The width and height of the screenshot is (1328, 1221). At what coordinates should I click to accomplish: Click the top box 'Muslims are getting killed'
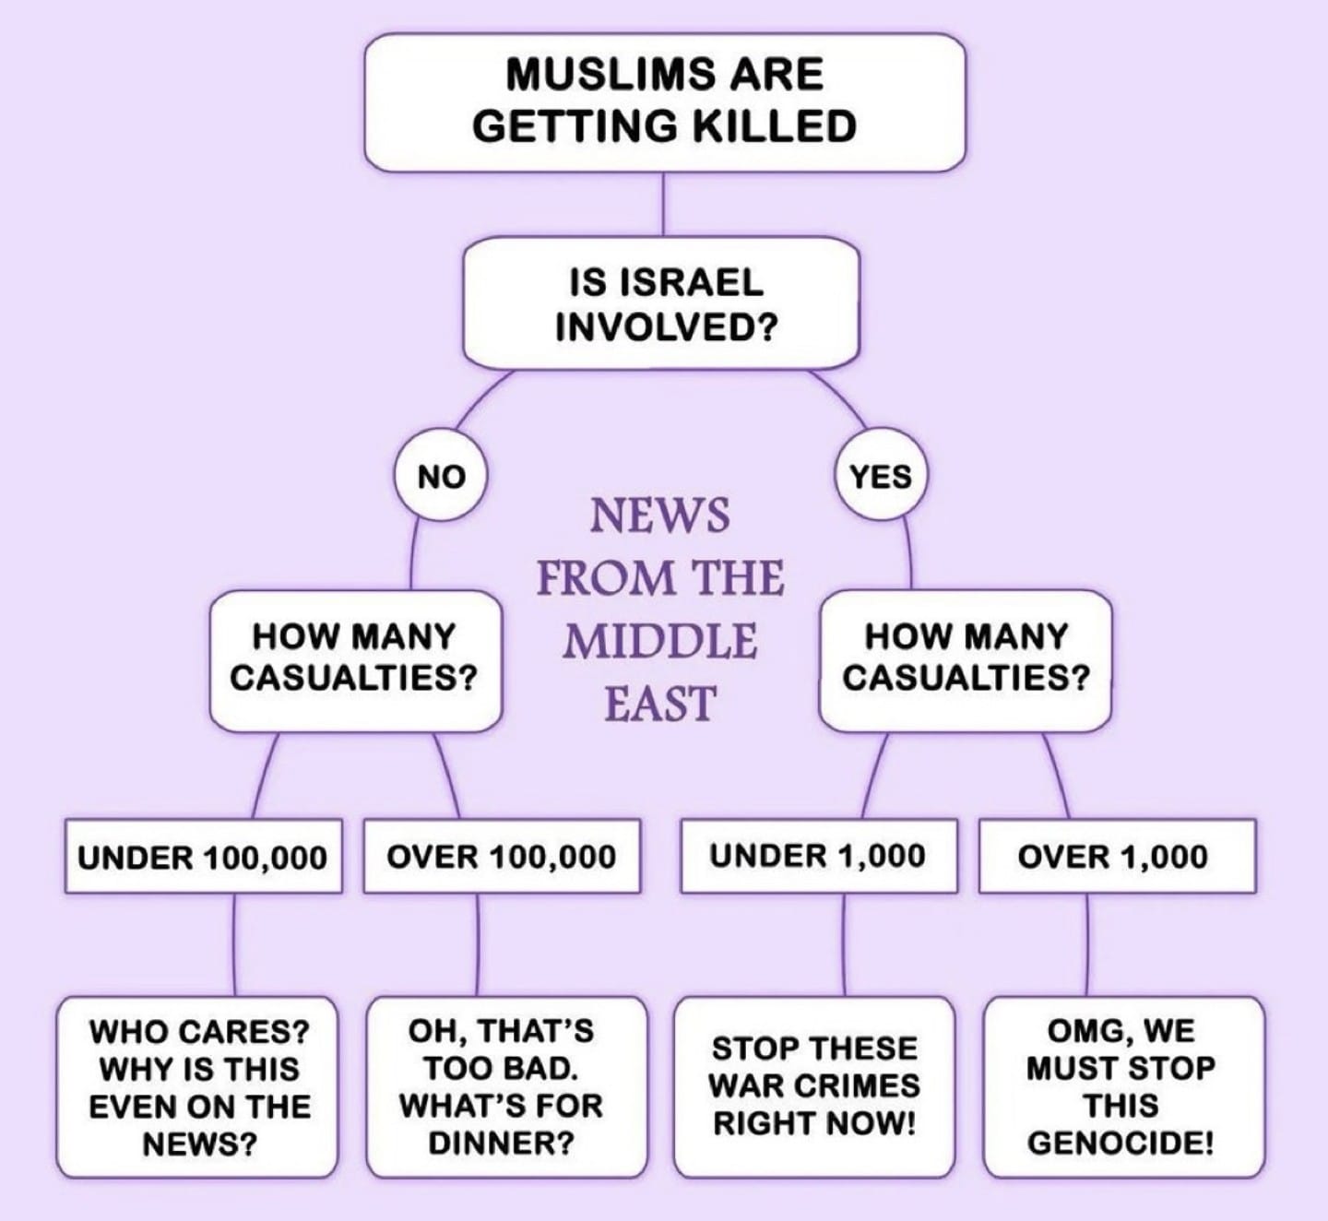pyautogui.click(x=665, y=102)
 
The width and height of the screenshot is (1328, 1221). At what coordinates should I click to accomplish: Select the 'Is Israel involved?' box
pyautogui.click(x=661, y=302)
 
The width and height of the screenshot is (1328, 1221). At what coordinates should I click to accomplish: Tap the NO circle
pyautogui.click(x=441, y=476)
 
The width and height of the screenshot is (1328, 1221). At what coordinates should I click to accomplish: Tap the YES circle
pyautogui.click(x=881, y=476)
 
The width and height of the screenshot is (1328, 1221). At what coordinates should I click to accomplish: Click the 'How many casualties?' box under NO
pyautogui.click(x=355, y=661)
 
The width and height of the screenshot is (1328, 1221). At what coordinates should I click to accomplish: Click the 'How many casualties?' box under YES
pyautogui.click(x=966, y=661)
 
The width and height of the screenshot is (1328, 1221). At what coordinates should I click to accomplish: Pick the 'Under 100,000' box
pyautogui.click(x=204, y=856)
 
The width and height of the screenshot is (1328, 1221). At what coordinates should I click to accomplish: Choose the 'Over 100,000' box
pyautogui.click(x=502, y=856)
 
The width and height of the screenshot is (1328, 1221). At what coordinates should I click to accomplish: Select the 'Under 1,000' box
pyautogui.click(x=819, y=856)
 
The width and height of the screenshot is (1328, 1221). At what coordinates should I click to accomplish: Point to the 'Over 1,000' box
pyautogui.click(x=1118, y=856)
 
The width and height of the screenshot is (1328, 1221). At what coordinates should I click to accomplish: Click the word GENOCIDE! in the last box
pyautogui.click(x=1120, y=1144)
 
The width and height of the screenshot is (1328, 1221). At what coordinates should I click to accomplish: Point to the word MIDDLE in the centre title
pyautogui.click(x=660, y=642)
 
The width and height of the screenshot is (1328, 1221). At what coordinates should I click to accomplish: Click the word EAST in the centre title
pyautogui.click(x=660, y=704)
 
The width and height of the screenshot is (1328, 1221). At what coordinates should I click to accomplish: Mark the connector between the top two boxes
pyautogui.click(x=663, y=206)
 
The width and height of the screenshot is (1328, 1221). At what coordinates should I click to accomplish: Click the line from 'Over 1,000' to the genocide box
pyautogui.click(x=1087, y=945)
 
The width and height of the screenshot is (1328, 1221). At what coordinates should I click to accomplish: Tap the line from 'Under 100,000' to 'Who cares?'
pyautogui.click(x=233, y=945)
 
